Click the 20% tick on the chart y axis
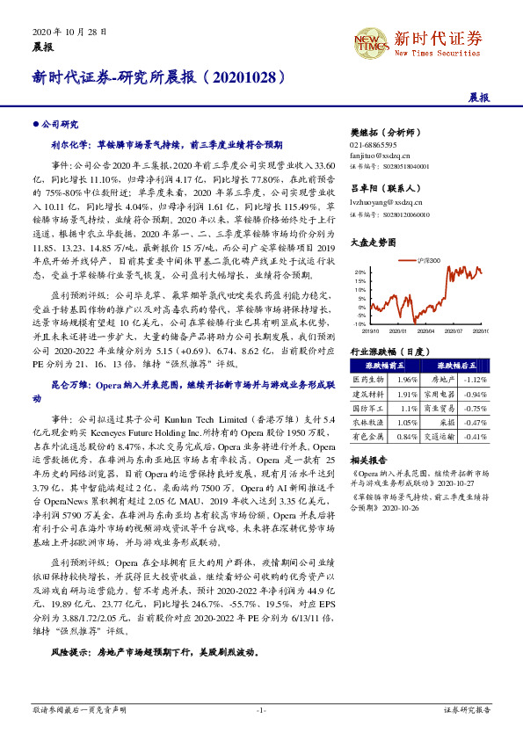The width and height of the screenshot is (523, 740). (x=360, y=272)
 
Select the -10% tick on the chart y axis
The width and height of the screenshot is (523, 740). (x=359, y=324)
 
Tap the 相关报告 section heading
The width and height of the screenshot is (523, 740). (x=368, y=460)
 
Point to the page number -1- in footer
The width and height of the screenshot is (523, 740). (x=261, y=708)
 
